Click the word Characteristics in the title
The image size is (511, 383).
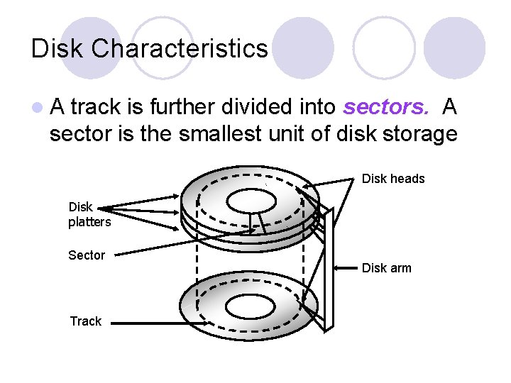click(180, 49)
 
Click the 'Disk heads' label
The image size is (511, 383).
click(393, 179)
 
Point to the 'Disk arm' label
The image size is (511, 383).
click(387, 268)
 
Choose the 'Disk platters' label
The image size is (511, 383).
click(89, 214)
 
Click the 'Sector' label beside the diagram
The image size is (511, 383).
click(87, 255)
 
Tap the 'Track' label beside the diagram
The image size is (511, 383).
click(85, 321)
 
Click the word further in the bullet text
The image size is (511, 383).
click(185, 107)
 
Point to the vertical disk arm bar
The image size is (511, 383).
click(327, 270)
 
